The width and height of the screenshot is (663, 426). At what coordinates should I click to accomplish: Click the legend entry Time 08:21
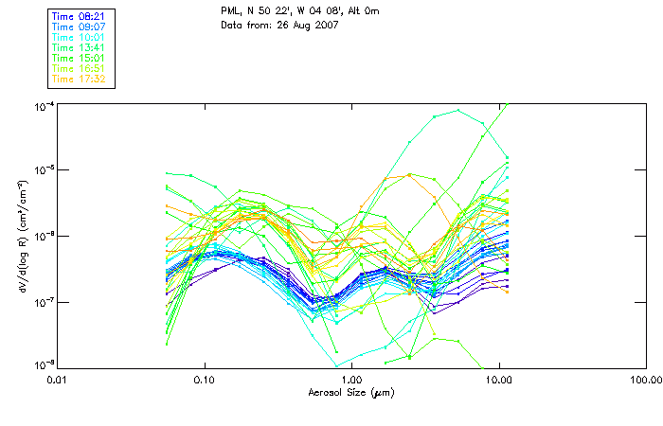[x=80, y=16]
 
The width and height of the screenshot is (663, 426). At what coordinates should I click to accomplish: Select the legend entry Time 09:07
[x=80, y=27]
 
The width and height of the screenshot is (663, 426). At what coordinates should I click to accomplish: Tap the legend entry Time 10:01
[x=80, y=37]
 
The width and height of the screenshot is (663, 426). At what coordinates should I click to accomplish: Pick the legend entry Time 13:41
[x=80, y=47]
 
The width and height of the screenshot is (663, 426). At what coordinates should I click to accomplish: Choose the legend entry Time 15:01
[x=80, y=58]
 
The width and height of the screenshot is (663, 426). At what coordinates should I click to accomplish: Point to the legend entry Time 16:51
[x=80, y=68]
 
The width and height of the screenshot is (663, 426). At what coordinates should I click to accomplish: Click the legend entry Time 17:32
[x=80, y=79]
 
